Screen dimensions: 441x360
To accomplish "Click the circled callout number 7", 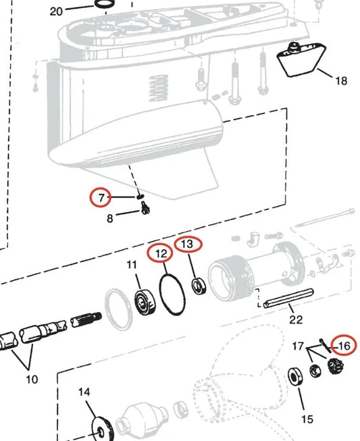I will (102, 198).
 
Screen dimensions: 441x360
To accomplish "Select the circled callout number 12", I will (161, 254).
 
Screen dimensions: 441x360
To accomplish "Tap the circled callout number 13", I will (188, 243).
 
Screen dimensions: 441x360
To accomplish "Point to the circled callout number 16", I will (344, 346).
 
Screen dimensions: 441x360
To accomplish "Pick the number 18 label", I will (341, 81).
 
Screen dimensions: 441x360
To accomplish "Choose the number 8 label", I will (109, 217).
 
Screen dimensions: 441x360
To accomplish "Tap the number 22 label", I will (296, 319).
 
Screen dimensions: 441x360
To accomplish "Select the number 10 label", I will (32, 380).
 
